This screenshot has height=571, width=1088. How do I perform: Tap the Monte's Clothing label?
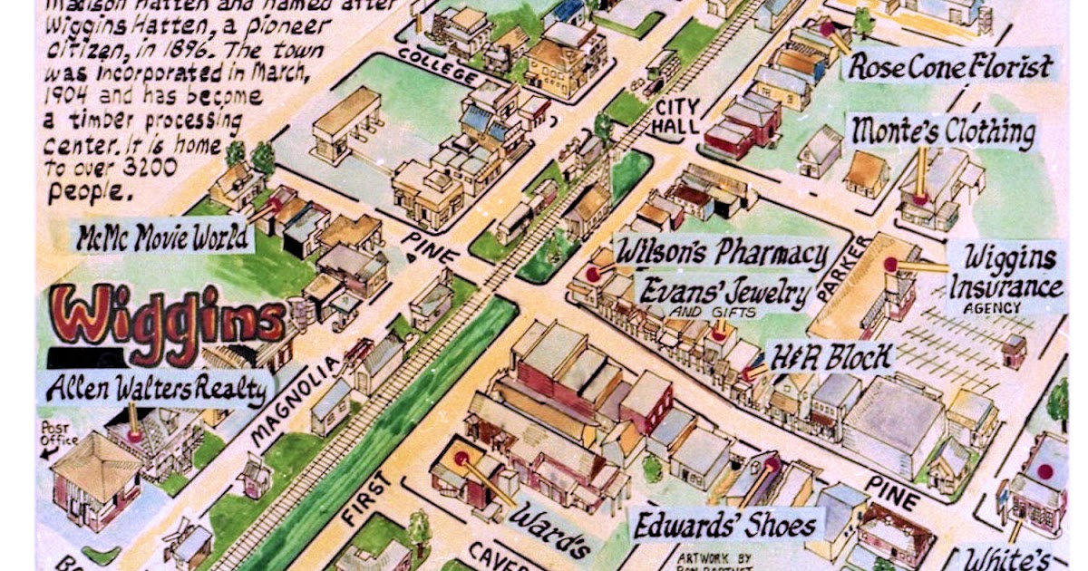942,133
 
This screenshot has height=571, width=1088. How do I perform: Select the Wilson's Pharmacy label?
722,254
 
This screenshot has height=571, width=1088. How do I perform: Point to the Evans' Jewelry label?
724,294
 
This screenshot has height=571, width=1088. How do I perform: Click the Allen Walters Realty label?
156,389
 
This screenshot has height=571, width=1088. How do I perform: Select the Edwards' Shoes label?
724,525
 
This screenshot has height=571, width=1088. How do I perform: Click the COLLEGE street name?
435,68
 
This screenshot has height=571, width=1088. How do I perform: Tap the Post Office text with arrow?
57,438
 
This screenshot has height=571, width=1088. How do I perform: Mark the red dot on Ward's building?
461,459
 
